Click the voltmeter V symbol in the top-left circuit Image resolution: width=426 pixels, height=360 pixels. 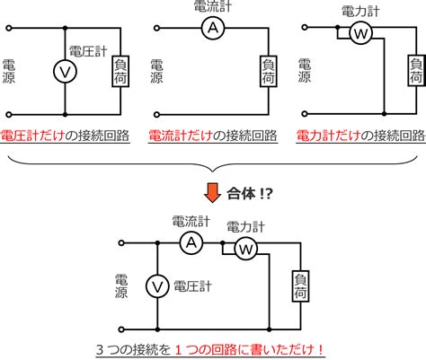(x=65, y=71)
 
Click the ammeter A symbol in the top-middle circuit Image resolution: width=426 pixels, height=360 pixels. (x=213, y=28)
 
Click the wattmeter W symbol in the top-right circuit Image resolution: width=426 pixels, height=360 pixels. (x=361, y=33)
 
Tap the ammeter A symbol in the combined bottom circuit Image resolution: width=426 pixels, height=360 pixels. (x=191, y=243)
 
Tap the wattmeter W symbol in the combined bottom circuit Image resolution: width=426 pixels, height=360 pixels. (x=245, y=249)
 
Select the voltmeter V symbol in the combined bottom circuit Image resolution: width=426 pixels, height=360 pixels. (x=157, y=286)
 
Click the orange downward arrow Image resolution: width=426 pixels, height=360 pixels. (x=212, y=194)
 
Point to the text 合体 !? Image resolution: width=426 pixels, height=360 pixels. (x=250, y=194)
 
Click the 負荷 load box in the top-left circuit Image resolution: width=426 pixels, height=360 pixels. (x=120, y=71)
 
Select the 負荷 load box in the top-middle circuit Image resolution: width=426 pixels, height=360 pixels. (x=269, y=71)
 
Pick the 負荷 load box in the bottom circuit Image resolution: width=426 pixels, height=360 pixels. (x=300, y=286)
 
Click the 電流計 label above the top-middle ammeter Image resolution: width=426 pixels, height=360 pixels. (x=213, y=6)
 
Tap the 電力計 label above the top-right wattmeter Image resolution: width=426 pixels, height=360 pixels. (x=360, y=12)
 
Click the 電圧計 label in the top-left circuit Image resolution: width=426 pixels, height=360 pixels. (x=88, y=51)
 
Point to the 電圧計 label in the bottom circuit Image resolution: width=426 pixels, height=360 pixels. (x=192, y=286)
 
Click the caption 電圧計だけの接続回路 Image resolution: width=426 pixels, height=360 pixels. (x=65, y=136)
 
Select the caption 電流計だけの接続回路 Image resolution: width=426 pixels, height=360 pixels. (x=213, y=136)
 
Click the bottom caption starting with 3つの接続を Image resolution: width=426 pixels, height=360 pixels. (x=210, y=349)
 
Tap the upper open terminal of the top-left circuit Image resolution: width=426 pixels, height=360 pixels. (x=9, y=28)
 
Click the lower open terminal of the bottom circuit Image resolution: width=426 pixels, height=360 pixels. (x=121, y=329)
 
